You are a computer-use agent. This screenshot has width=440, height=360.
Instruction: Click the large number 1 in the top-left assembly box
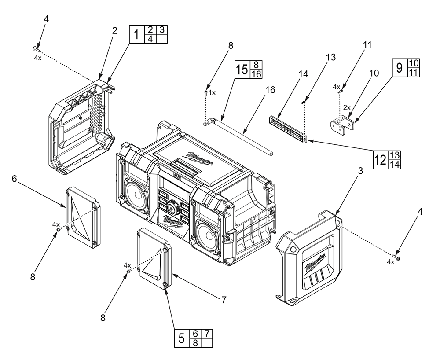coord(137,34)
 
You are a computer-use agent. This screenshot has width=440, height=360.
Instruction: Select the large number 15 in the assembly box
coord(242,70)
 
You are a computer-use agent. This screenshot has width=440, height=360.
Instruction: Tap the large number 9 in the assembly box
coord(400,67)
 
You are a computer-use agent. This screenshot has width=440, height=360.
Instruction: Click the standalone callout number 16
coord(270,90)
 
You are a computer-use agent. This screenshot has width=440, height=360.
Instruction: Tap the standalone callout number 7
coord(224,300)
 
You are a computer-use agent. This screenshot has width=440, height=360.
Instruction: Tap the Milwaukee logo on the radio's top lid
coord(200,158)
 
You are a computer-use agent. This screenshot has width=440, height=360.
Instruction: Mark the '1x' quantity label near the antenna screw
coord(213,93)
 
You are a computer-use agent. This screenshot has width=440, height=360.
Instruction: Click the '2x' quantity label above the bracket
coord(347,107)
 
